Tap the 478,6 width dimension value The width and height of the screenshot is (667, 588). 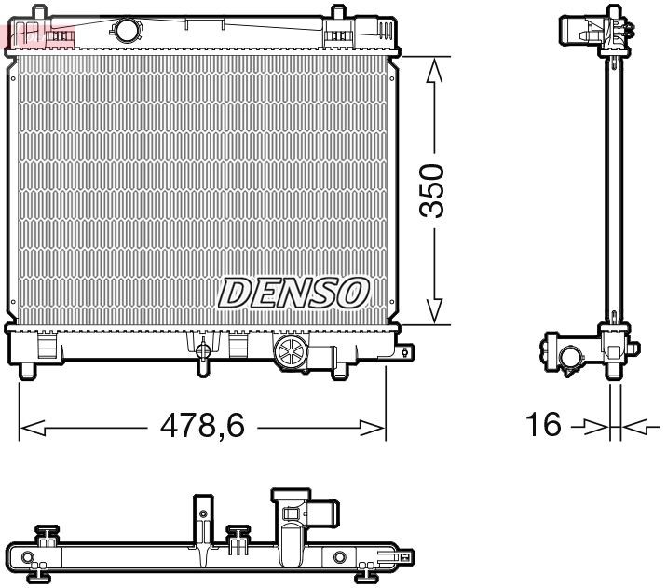pyautogui.click(x=202, y=428)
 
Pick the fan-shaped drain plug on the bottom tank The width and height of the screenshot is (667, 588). pyautogui.click(x=291, y=354)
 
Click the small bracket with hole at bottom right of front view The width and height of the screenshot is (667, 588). pyautogui.click(x=405, y=352)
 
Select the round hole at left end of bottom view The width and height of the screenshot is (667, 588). pyautogui.click(x=29, y=561)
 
